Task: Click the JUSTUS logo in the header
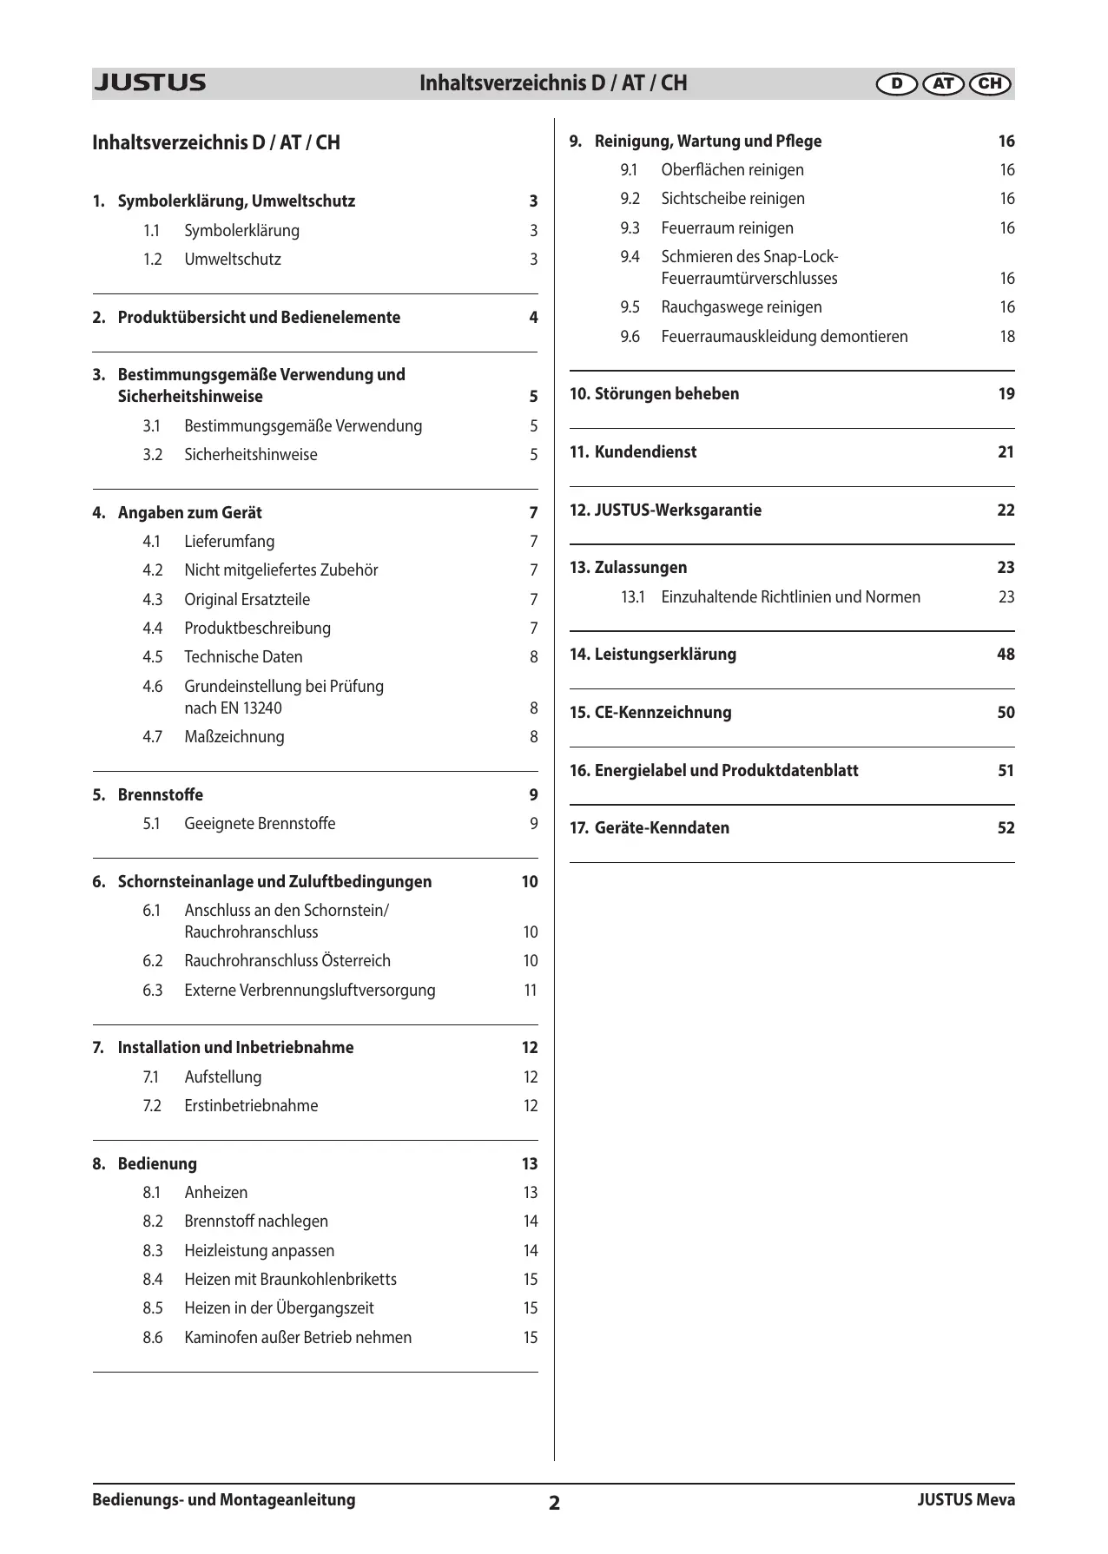(149, 83)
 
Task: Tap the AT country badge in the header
(943, 84)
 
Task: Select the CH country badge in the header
(989, 84)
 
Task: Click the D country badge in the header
(897, 84)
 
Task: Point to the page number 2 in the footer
(554, 1503)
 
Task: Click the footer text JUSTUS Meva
(966, 1499)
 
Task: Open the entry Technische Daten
(243, 657)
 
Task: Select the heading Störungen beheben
(666, 394)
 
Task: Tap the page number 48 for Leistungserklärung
(1006, 655)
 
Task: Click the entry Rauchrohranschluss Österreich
(287, 961)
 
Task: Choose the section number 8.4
(153, 1280)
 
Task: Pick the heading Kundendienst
(645, 452)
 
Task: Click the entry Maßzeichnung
(234, 737)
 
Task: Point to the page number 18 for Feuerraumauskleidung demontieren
(1006, 337)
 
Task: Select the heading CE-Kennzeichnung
(663, 713)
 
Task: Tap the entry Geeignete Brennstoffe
(260, 824)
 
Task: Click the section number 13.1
(632, 597)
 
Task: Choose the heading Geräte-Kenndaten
(662, 828)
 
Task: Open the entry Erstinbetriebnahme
(251, 1106)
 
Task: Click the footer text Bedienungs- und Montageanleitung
(224, 1499)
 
